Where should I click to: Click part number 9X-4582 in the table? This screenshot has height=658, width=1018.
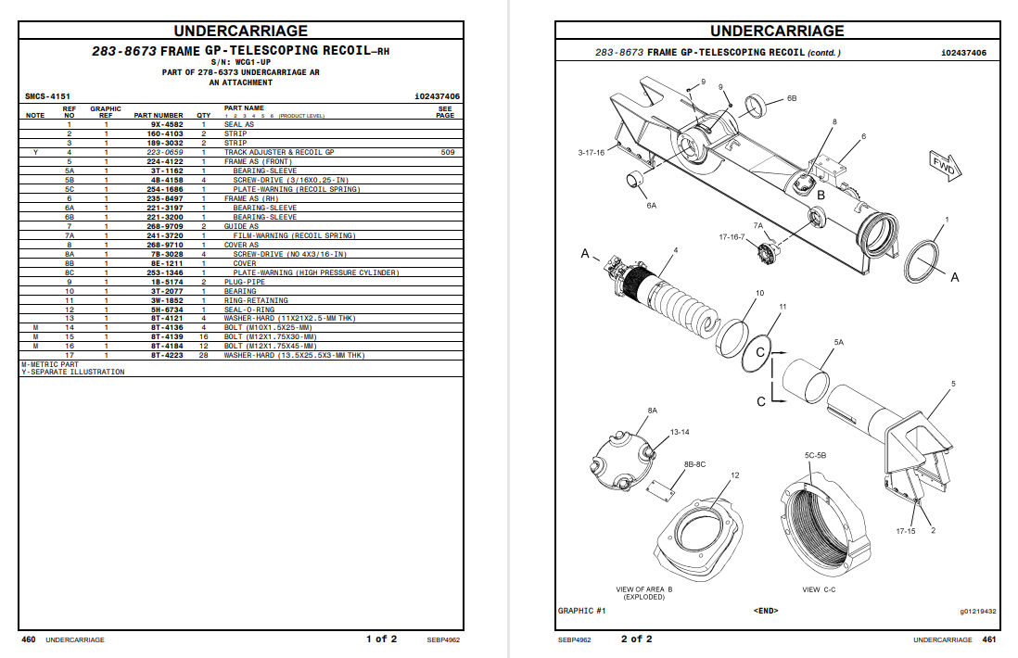point(167,124)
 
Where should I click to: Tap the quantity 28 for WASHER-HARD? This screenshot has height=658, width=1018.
point(203,355)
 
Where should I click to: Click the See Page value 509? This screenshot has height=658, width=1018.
point(448,152)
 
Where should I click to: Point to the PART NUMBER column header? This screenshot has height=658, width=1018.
point(159,116)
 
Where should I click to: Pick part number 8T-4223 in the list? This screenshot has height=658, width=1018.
point(167,355)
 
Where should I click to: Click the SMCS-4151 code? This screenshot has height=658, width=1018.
point(47,96)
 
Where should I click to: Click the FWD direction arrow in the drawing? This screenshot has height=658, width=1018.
point(947,167)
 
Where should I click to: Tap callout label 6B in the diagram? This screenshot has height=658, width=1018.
point(791,97)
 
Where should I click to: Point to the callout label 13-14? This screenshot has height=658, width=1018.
point(680,432)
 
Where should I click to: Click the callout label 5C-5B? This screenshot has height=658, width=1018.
point(815,456)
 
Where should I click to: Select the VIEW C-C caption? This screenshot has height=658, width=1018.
point(819,589)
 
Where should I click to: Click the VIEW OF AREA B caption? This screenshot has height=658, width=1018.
point(644,589)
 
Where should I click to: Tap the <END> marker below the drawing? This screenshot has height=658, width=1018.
point(766,611)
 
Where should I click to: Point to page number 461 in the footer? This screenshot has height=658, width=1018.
point(988,639)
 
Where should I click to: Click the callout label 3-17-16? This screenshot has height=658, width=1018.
point(591,152)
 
